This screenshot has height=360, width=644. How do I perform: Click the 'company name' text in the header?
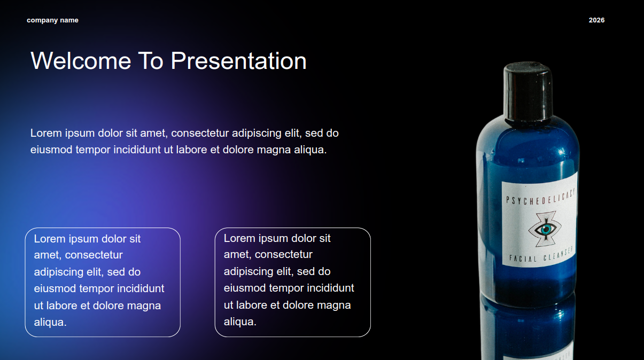point(52,20)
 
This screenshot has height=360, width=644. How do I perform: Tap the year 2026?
point(596,20)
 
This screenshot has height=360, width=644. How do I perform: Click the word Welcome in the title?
point(81,60)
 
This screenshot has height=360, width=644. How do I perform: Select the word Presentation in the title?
point(238,60)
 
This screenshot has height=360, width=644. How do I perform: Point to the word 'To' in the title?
point(151,60)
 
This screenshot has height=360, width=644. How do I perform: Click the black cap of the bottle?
point(528,91)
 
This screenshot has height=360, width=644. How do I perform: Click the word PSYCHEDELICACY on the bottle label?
point(540,198)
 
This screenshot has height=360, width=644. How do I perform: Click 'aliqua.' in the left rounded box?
point(50,323)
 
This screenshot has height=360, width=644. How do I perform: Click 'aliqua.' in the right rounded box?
point(240,322)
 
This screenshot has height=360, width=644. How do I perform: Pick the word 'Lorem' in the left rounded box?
point(50,239)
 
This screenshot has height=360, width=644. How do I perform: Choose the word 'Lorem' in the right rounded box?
point(239,238)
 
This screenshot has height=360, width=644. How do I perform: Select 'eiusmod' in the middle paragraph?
point(51,150)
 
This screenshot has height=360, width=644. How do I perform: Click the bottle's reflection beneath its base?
point(529,331)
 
